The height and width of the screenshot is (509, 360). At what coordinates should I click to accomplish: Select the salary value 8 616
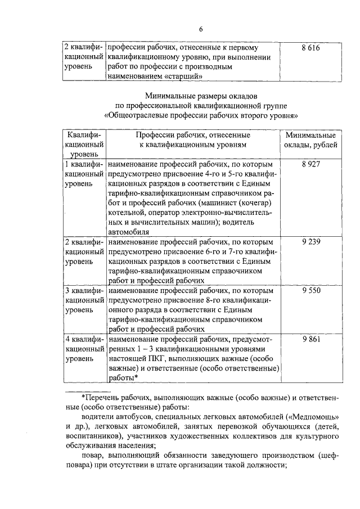click(310, 49)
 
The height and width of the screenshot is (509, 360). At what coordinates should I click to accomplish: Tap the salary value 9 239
click(310, 241)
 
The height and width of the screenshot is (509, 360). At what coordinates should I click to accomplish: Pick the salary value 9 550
click(310, 291)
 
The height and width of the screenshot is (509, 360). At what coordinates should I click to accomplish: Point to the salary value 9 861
click(310, 341)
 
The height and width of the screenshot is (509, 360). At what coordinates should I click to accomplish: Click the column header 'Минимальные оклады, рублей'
click(310, 141)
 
